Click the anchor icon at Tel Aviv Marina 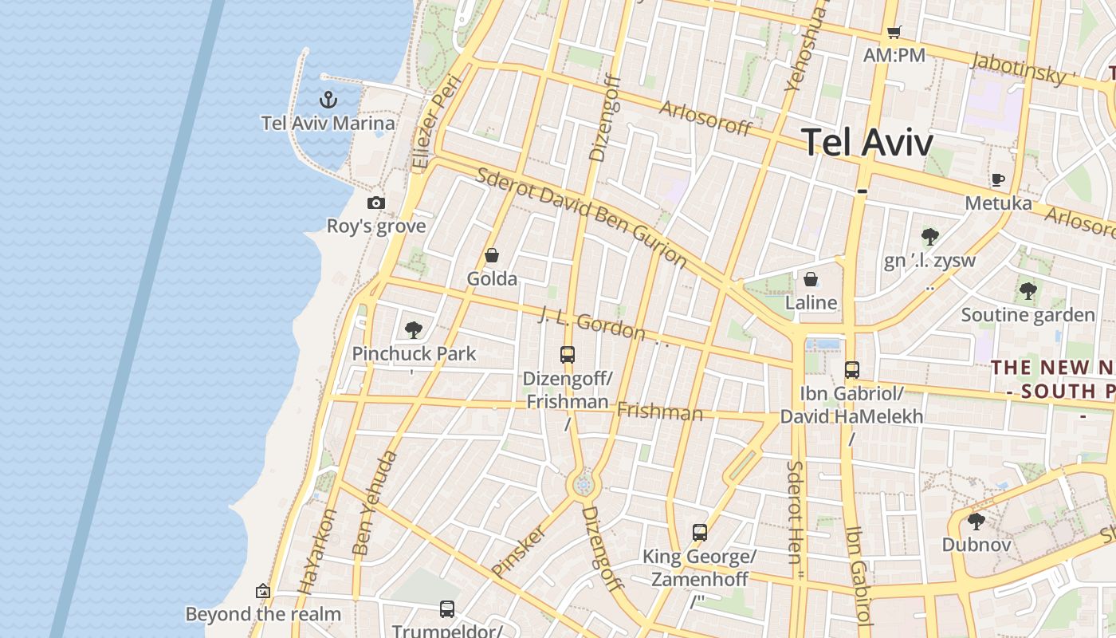tap(328, 100)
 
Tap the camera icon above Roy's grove tap(376, 203)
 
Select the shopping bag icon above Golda tap(492, 256)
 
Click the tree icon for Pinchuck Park tap(413, 329)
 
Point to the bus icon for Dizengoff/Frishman tap(568, 355)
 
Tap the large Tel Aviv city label tap(866, 143)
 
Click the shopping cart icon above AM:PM tap(894, 33)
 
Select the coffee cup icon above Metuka tap(997, 179)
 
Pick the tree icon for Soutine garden tap(1028, 290)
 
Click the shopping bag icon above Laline tap(811, 279)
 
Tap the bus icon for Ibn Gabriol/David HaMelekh tap(852, 369)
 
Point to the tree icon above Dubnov tap(976, 522)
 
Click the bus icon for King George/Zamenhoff tap(700, 532)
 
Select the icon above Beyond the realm tap(263, 591)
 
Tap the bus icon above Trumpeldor tap(447, 609)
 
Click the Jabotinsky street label tap(1019, 68)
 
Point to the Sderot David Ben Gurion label tap(581, 215)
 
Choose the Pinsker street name tap(519, 550)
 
